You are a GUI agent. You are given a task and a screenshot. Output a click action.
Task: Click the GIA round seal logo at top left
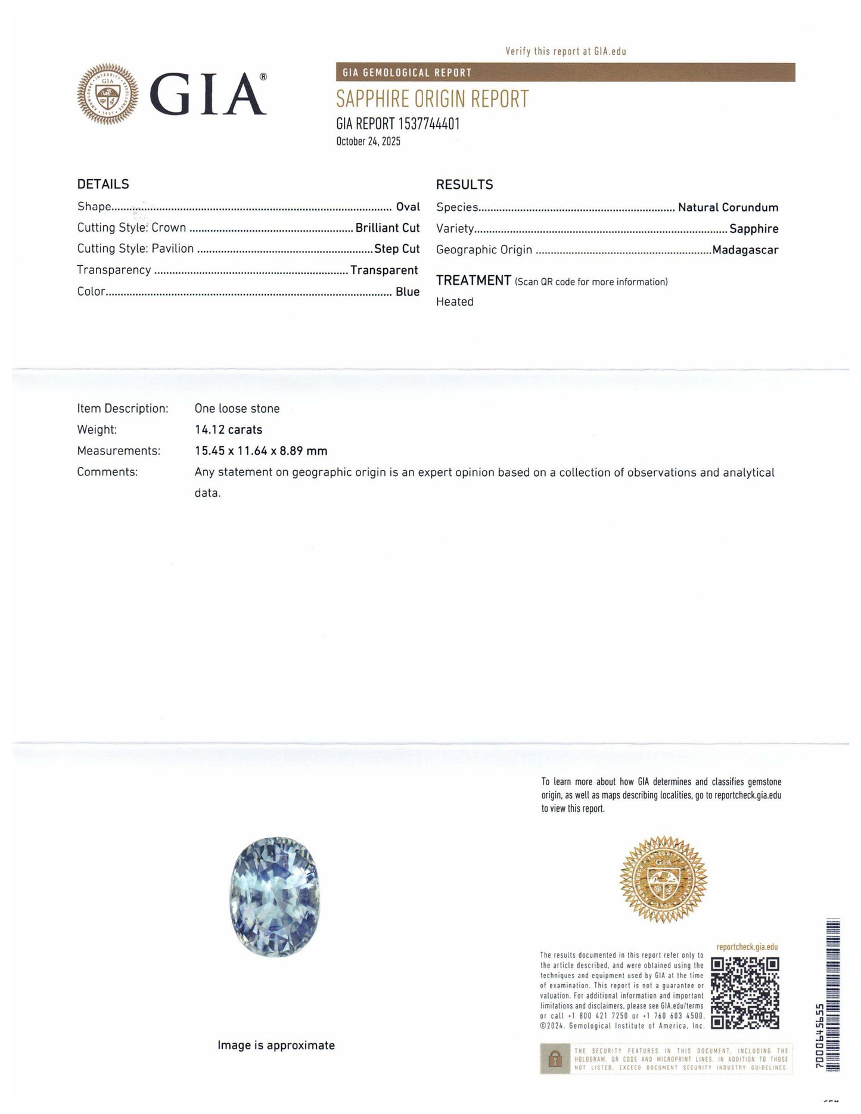[108, 94]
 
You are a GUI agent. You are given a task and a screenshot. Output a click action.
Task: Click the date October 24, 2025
[368, 142]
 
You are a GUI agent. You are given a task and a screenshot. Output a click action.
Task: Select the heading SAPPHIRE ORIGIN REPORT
[432, 99]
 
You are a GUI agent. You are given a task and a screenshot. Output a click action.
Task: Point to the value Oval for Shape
[408, 207]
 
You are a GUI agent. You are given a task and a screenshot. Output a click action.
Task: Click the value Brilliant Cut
[387, 228]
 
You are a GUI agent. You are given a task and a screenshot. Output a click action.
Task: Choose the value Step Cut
[397, 249]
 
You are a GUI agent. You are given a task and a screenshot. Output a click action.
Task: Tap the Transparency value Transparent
[384, 270]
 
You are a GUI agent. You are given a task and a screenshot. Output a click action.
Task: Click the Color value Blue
[408, 292]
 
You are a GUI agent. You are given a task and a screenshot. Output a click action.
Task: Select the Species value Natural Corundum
[728, 207]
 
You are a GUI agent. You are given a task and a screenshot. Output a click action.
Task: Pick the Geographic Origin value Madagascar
[745, 250]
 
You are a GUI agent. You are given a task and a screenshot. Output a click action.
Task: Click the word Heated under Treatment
[455, 302]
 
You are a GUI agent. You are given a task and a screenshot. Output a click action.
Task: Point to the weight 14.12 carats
[228, 430]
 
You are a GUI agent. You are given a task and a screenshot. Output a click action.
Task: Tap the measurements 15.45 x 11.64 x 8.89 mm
[261, 451]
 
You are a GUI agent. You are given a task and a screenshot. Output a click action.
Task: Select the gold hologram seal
[663, 879]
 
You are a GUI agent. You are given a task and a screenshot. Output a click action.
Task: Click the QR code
[745, 992]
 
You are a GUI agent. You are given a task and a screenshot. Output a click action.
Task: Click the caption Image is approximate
[276, 1045]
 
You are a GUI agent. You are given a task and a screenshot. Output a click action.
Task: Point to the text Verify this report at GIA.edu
[565, 51]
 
